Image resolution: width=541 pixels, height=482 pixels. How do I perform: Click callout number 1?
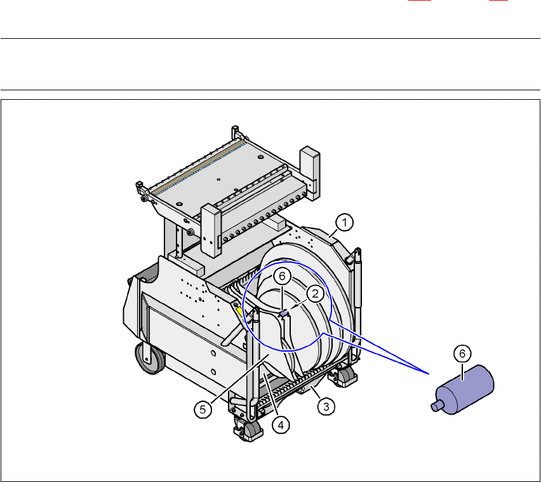coord(345,223)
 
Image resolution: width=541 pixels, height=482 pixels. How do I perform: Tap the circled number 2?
coord(315,294)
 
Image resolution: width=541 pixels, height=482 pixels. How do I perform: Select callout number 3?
coord(326,406)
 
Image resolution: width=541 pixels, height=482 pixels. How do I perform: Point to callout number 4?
coord(281,425)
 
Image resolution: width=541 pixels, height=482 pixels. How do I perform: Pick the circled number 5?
coord(203,410)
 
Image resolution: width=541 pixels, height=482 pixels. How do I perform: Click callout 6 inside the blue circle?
coord(282,276)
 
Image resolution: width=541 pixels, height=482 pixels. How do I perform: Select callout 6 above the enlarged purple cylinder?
coord(462,354)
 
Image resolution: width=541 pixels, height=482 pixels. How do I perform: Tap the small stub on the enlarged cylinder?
coord(436,405)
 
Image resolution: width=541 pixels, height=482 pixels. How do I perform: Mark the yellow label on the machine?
coord(239,312)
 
